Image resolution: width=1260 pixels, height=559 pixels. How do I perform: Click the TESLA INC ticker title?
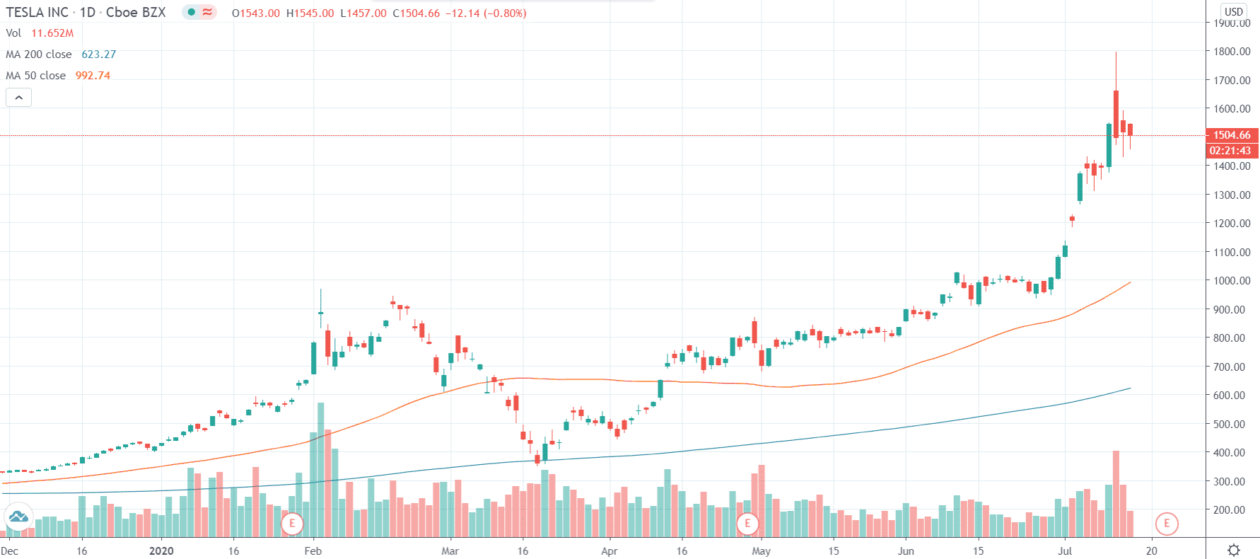coord(37,13)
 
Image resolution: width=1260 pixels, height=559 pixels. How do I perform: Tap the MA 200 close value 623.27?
coord(98,54)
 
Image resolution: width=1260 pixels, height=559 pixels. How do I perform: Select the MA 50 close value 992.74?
coord(93,76)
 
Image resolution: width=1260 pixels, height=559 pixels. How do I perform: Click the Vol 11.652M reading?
coord(52,33)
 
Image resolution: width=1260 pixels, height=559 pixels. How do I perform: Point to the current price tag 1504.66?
coord(1231,135)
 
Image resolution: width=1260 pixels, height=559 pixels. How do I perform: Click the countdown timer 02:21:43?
coord(1230,150)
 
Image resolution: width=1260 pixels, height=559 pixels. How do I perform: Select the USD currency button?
coord(1233,11)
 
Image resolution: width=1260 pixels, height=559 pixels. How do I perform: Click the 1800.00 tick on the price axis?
coord(1232,52)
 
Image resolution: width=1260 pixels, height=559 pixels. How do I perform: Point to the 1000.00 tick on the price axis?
coord(1232,281)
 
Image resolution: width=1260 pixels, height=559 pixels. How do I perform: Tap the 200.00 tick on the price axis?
coord(1232,509)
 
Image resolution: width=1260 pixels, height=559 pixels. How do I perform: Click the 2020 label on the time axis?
coord(161,551)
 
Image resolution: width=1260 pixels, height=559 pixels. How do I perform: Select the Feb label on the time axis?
coord(313,551)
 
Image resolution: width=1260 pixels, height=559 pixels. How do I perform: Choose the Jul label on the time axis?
coord(1065,551)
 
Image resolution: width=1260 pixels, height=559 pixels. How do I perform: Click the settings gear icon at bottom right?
coord(1234,550)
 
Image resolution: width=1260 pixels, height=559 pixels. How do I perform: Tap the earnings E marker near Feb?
coord(292,524)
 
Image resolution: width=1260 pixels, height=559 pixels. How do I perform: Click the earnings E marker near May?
coord(747,524)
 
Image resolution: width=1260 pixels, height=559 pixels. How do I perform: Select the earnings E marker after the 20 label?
coord(1167,524)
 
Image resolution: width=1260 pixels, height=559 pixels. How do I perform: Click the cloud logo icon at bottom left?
coord(18,517)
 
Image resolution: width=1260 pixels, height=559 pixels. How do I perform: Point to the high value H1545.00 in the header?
coord(310,13)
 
